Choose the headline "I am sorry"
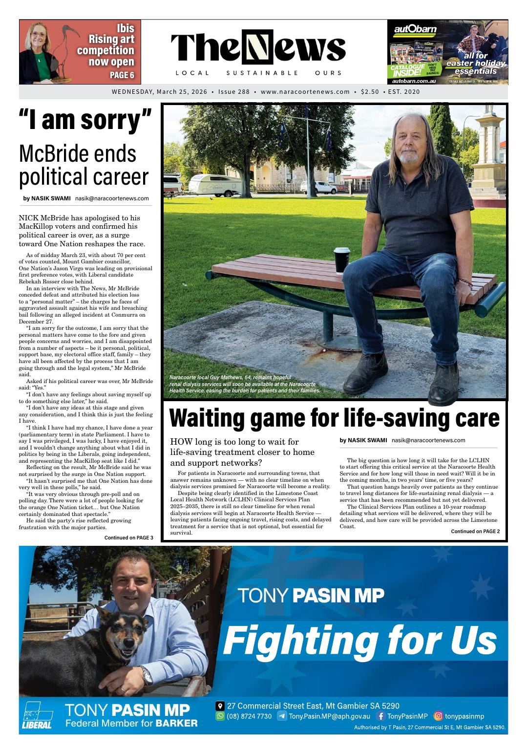[x=85, y=120]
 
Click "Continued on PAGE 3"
[x=128, y=538]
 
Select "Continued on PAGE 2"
[x=475, y=531]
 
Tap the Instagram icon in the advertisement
[x=438, y=716]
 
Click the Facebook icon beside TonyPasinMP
[x=381, y=716]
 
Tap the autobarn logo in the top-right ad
[x=415, y=29]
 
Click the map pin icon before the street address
[x=220, y=706]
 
